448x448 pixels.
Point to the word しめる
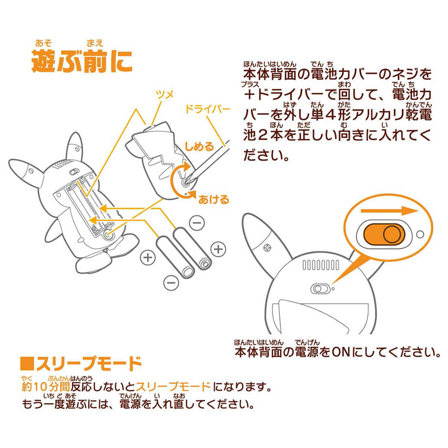pos(200,146)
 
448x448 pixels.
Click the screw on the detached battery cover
pos(185,182)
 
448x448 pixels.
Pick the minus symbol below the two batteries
pos(170,282)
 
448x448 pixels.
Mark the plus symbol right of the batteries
pos(218,249)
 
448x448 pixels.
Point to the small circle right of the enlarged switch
pos(420,234)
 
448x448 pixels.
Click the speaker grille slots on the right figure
pos(319,266)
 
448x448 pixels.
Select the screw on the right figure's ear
pos(267,247)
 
